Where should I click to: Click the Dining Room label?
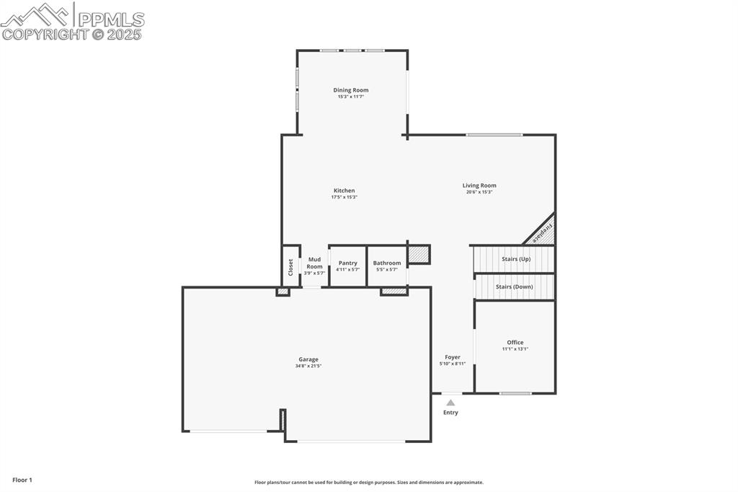[x=351, y=90]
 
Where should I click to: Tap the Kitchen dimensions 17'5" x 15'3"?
[x=344, y=197]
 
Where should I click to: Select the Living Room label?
[x=479, y=185]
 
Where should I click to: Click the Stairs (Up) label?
[x=516, y=258]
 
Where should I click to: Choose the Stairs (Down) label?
[x=514, y=286]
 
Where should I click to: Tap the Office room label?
[x=515, y=343]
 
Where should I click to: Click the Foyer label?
[x=452, y=357]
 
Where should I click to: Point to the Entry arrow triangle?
[x=450, y=403]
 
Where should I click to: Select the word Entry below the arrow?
[x=450, y=413]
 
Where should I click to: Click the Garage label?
[x=308, y=359]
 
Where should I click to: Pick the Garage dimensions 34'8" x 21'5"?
[x=308, y=366]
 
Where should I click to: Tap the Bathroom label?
[x=387, y=263]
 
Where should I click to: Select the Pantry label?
[x=347, y=263]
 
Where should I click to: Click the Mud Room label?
[x=314, y=263]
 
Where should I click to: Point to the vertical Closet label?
[x=290, y=267]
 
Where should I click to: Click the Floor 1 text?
[x=22, y=480]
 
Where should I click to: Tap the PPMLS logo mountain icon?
[x=36, y=14]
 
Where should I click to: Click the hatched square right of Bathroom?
[x=418, y=254]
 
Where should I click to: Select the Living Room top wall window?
[x=494, y=135]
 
